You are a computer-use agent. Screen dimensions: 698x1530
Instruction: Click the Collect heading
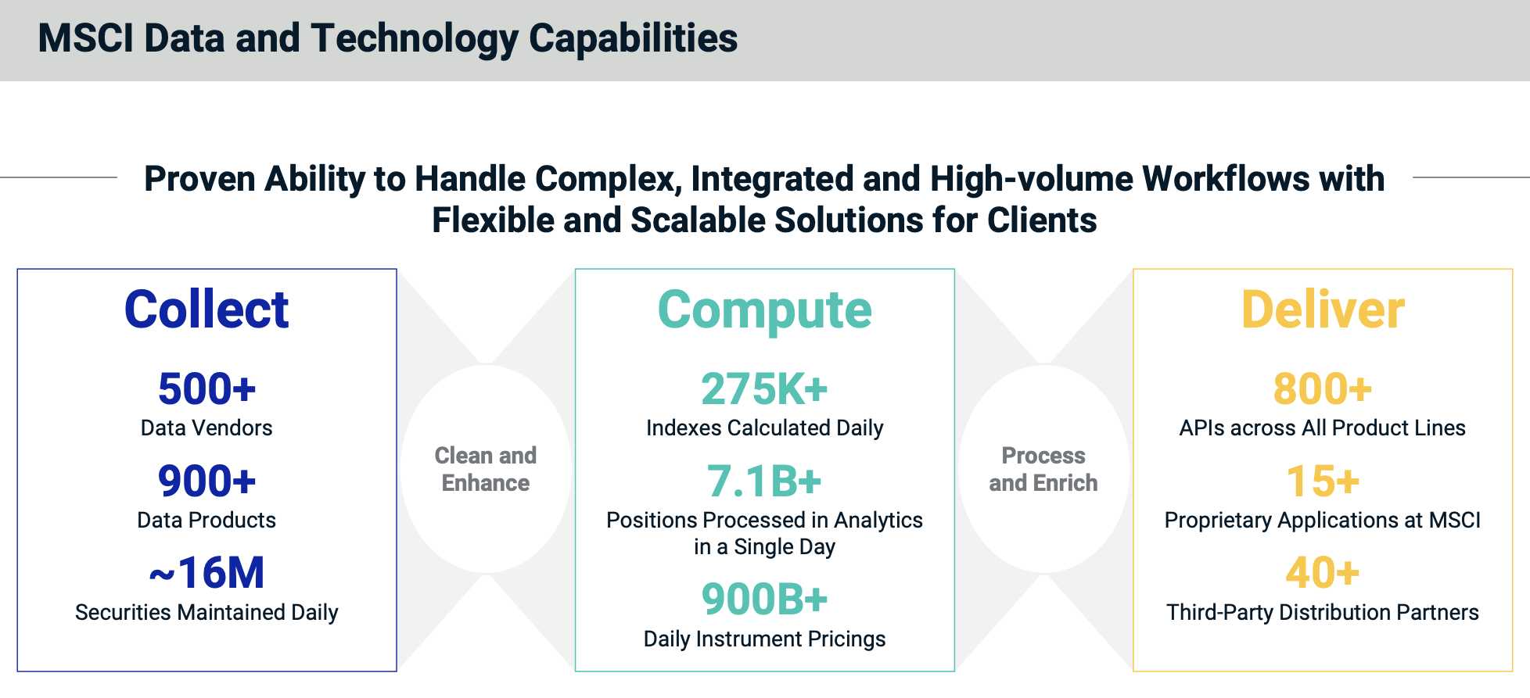click(x=207, y=310)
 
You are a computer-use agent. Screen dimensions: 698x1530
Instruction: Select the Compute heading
click(x=764, y=311)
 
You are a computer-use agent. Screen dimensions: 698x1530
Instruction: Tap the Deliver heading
click(x=1323, y=310)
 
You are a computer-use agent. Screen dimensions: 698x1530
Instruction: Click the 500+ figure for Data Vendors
click(x=207, y=389)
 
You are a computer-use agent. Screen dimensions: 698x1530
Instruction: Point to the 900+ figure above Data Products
click(x=207, y=481)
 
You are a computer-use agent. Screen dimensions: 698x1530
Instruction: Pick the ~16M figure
click(x=207, y=573)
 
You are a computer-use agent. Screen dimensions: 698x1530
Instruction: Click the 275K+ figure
click(x=764, y=389)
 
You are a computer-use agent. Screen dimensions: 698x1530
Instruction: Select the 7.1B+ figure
click(x=764, y=481)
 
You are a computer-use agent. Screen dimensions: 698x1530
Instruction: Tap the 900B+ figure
click(x=764, y=600)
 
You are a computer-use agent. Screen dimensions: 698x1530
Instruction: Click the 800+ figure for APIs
click(x=1323, y=389)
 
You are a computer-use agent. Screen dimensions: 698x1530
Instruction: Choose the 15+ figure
click(x=1323, y=481)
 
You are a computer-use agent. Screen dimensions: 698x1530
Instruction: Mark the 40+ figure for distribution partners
click(x=1323, y=573)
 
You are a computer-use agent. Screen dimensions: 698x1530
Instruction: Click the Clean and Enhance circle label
click(x=486, y=469)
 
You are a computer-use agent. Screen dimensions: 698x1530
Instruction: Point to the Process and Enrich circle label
click(x=1043, y=469)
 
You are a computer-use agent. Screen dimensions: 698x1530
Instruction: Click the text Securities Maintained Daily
click(x=207, y=612)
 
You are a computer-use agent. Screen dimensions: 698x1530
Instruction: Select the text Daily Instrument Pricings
click(x=764, y=639)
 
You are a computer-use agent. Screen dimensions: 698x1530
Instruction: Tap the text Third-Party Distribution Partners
click(x=1323, y=612)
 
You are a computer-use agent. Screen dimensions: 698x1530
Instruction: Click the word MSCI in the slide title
click(x=85, y=38)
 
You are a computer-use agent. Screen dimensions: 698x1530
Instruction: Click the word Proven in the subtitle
click(x=199, y=179)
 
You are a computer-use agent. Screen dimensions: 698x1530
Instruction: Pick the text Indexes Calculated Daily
click(x=764, y=428)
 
